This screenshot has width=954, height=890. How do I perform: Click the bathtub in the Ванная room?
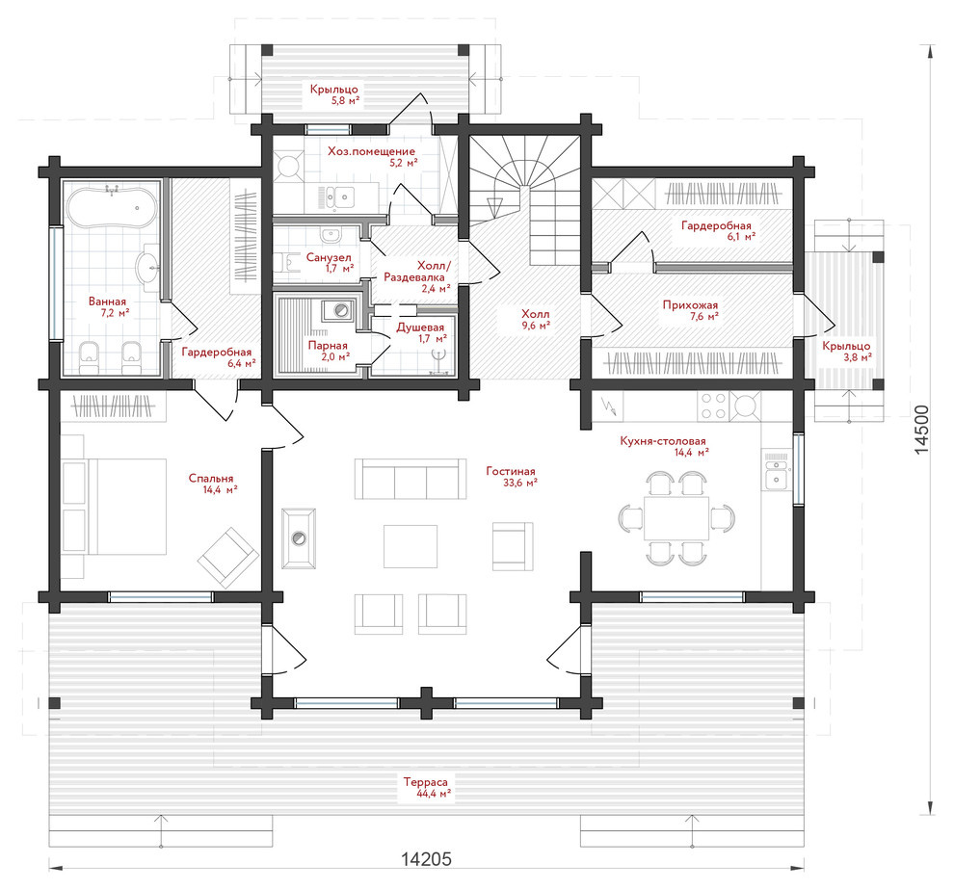point(111,207)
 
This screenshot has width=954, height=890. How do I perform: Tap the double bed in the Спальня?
point(127,507)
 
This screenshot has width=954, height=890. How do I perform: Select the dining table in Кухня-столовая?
point(676,517)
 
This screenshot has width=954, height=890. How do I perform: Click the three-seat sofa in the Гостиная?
point(411,480)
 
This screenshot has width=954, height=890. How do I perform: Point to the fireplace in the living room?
point(299,538)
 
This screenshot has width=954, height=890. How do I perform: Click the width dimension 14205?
point(426,859)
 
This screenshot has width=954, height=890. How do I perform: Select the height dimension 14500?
point(922,430)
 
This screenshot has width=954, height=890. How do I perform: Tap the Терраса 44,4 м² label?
point(425,787)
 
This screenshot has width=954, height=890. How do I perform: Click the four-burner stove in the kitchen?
point(714,406)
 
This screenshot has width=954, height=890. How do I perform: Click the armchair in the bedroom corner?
point(227,558)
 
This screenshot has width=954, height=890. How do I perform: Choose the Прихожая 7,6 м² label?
point(690,310)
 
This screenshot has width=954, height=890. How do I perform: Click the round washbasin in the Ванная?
point(147,267)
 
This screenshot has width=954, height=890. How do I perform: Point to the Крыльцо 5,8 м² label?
point(334,95)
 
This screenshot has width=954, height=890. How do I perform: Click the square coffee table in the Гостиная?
point(411,546)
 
